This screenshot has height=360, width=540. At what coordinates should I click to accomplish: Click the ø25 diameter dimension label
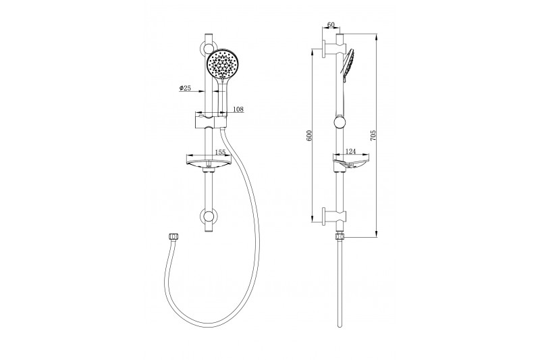[185, 88]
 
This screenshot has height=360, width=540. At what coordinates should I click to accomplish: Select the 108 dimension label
[238, 109]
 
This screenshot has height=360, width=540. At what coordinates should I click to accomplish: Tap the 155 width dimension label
[220, 152]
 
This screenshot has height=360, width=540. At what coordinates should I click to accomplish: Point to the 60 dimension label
[331, 24]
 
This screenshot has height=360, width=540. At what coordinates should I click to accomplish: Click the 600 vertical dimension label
[309, 135]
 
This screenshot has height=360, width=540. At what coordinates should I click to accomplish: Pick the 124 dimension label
[350, 151]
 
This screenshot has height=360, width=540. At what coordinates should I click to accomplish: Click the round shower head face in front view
[222, 64]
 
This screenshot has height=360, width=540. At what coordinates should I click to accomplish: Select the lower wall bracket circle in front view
[209, 217]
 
